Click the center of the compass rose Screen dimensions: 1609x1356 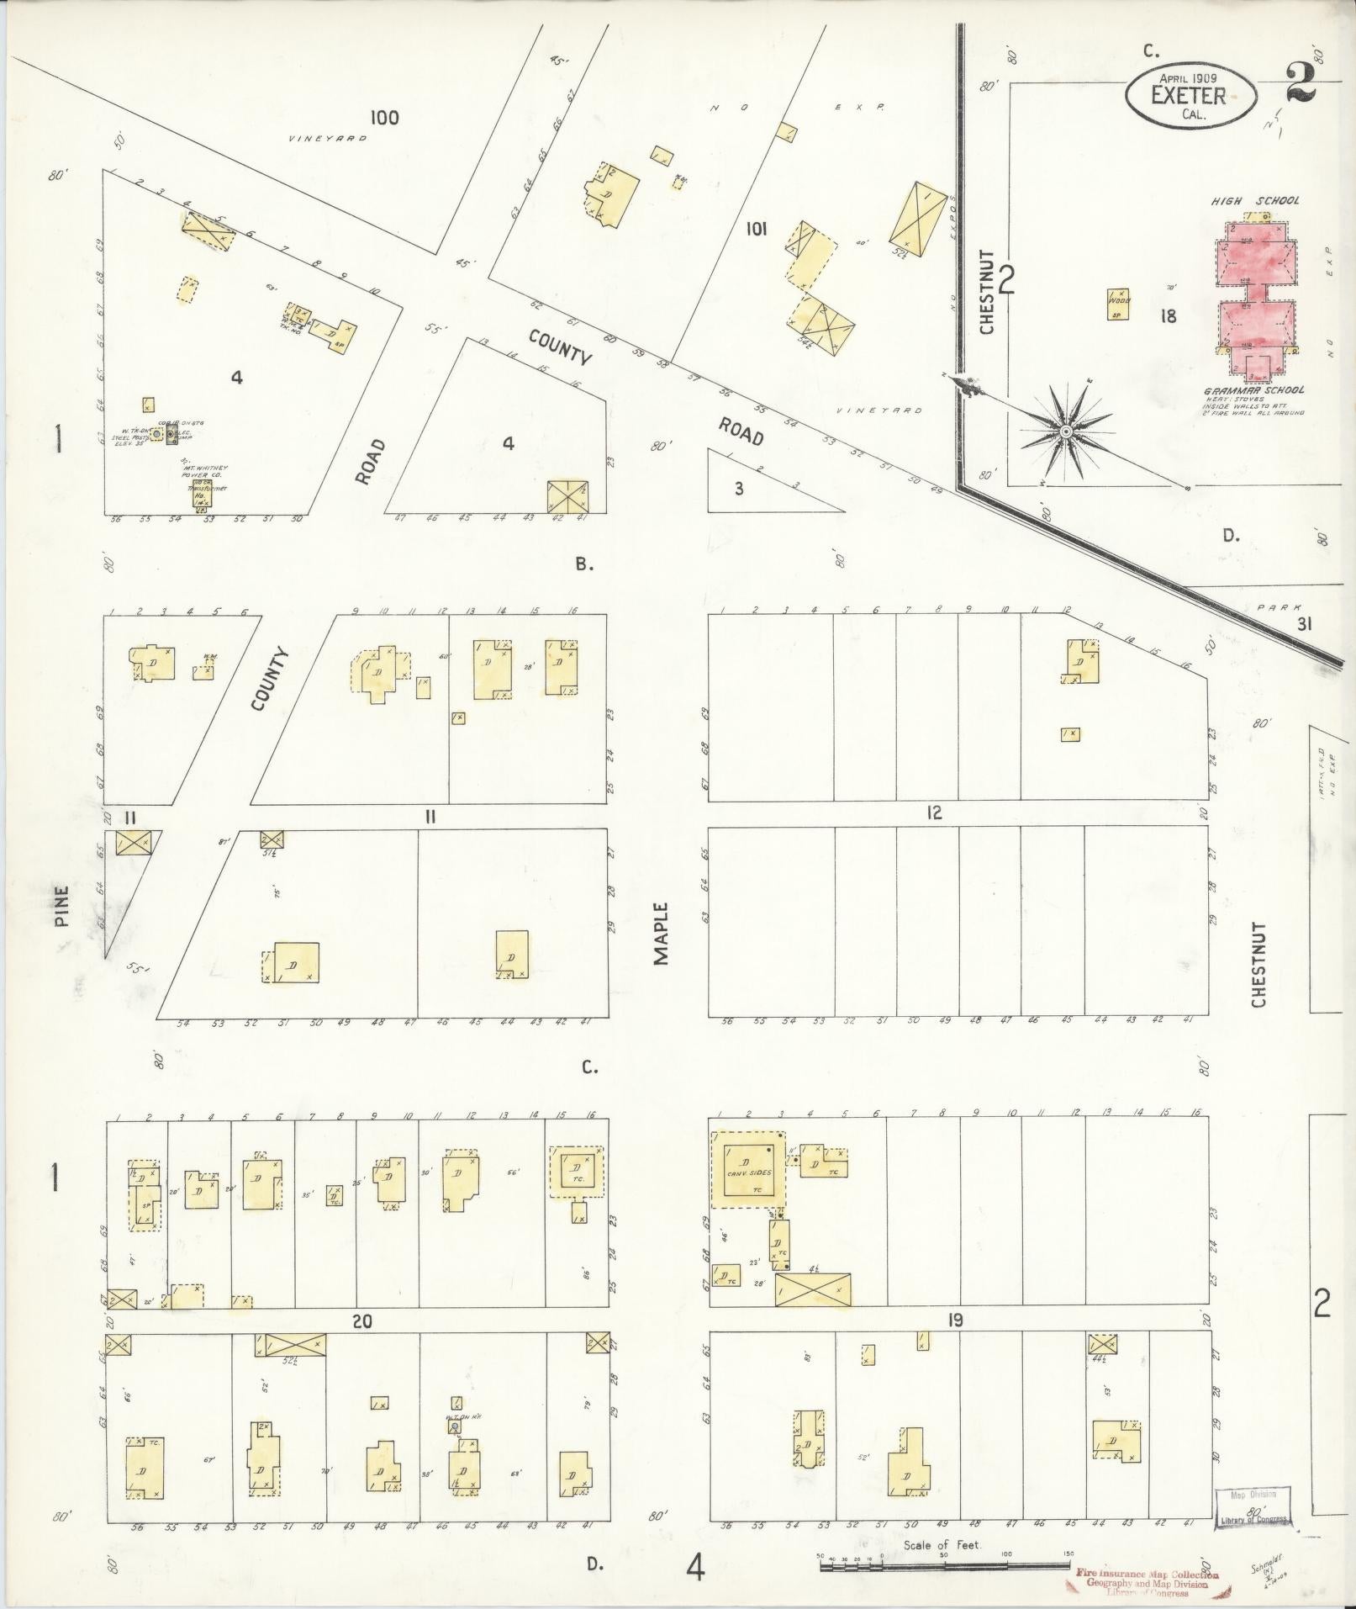coord(1066,431)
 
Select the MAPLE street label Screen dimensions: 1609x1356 coord(662,934)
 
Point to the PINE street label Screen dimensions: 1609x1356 coord(61,905)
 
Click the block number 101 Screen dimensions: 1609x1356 coord(757,228)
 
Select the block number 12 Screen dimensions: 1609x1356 coord(933,813)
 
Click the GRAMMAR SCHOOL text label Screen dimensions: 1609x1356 coord(1253,390)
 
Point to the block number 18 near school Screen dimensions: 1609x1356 coord(1167,316)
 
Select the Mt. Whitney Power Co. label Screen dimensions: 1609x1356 coord(200,471)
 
